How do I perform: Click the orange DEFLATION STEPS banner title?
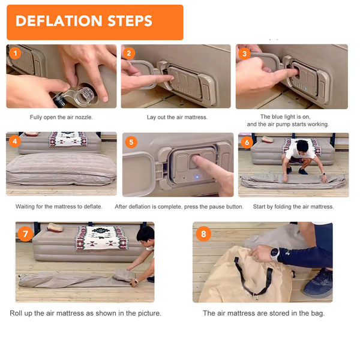(x=84, y=21)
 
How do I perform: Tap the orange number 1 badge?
(x=15, y=53)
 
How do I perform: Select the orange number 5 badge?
(x=131, y=142)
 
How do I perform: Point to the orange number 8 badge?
(x=203, y=234)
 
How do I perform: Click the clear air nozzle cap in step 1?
(x=84, y=97)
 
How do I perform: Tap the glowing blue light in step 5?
(x=197, y=177)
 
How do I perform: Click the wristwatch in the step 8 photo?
(x=275, y=254)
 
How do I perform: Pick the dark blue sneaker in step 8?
(x=319, y=284)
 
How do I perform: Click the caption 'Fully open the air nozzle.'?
(x=61, y=118)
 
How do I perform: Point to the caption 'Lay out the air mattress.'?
(x=177, y=118)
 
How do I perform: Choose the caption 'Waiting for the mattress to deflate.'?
(x=59, y=206)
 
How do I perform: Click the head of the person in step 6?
(x=302, y=146)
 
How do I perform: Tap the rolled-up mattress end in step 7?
(x=124, y=275)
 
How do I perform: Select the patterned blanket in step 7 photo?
(x=101, y=238)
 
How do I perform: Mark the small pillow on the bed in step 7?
(x=55, y=227)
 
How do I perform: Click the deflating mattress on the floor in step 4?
(x=61, y=169)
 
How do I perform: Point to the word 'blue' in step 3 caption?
(x=278, y=116)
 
